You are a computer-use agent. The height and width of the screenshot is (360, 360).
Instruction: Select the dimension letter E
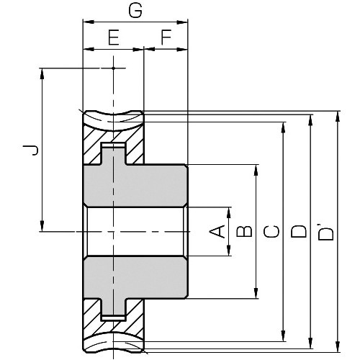tap(113, 37)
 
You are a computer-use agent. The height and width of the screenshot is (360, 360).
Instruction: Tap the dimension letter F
tap(166, 37)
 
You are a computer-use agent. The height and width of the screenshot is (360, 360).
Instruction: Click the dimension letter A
tap(215, 231)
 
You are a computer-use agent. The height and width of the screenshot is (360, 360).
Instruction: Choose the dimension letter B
tap(244, 231)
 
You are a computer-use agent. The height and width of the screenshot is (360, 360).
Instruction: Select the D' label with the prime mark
tap(326, 231)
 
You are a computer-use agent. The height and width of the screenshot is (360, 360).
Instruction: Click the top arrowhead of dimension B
tap(256, 171)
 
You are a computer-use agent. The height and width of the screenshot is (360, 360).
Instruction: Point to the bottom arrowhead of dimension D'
tap(337, 346)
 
